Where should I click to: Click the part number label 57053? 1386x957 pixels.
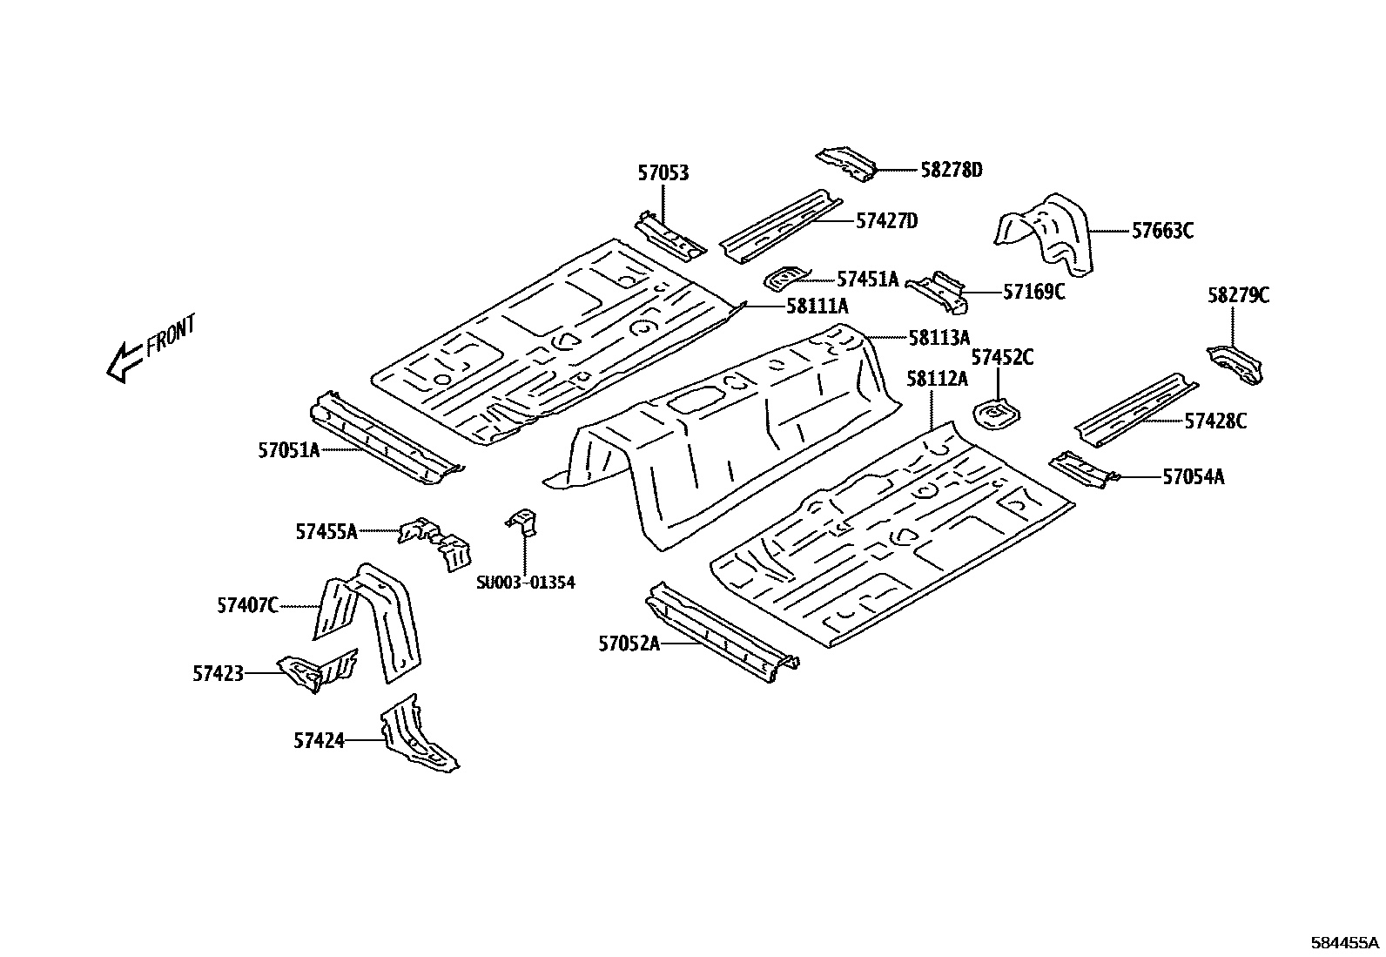click(663, 173)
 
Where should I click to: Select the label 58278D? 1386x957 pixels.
click(951, 170)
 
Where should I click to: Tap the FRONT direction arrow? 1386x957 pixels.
click(123, 361)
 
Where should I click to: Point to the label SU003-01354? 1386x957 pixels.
click(525, 583)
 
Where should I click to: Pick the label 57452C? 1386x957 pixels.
click(1002, 357)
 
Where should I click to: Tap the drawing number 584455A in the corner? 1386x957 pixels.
click(1344, 942)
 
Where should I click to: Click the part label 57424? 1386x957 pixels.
click(319, 741)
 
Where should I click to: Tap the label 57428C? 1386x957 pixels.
click(1215, 421)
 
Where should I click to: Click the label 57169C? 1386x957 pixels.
click(1033, 292)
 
